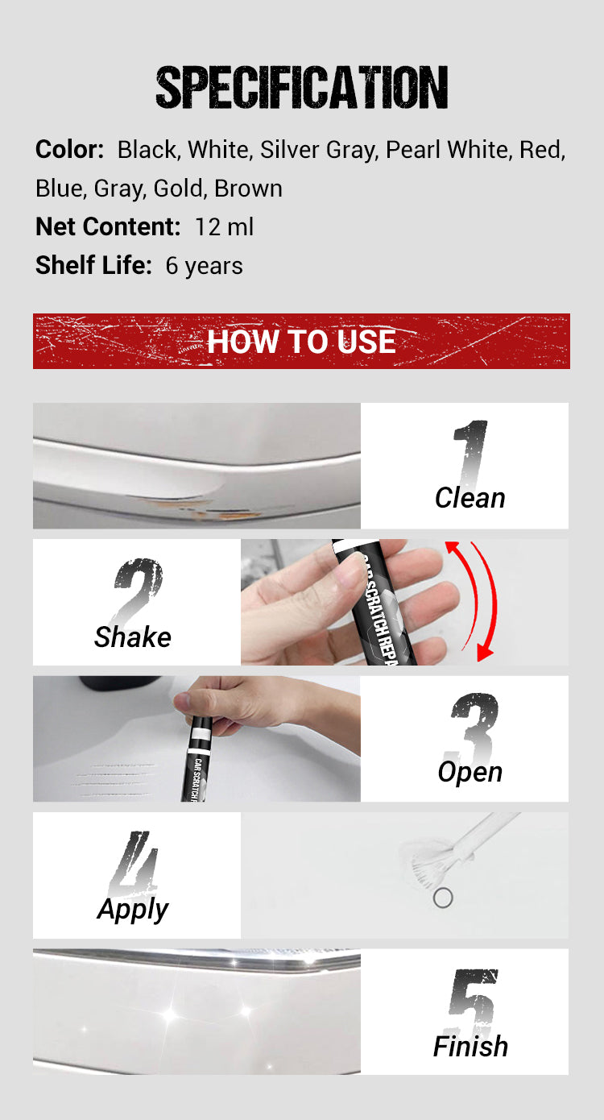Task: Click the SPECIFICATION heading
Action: point(302,87)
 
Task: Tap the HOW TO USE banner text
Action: point(301,342)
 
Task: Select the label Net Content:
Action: point(108,226)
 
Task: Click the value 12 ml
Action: point(225,226)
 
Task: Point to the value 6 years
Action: point(204,266)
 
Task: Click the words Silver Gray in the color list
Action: point(318,150)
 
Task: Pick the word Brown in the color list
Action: point(248,189)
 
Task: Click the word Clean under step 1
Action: point(470,498)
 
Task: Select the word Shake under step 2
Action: point(132,637)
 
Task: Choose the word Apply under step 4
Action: point(132,910)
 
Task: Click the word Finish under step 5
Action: point(470,1047)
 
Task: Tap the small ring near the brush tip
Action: point(443,898)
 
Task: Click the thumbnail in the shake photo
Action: point(350,572)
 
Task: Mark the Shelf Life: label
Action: point(93,265)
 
